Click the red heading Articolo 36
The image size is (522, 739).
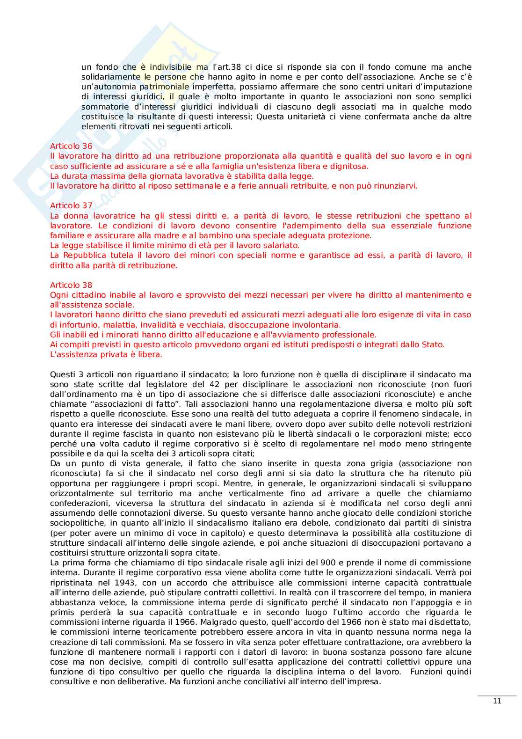coord(71,146)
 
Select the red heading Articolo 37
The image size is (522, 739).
coord(71,205)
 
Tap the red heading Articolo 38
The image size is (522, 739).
coord(71,285)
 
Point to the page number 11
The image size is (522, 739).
coord(497,701)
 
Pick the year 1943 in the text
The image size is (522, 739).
coord(113,583)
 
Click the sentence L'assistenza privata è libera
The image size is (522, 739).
coord(106,354)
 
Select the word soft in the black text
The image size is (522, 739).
coord(463,404)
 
